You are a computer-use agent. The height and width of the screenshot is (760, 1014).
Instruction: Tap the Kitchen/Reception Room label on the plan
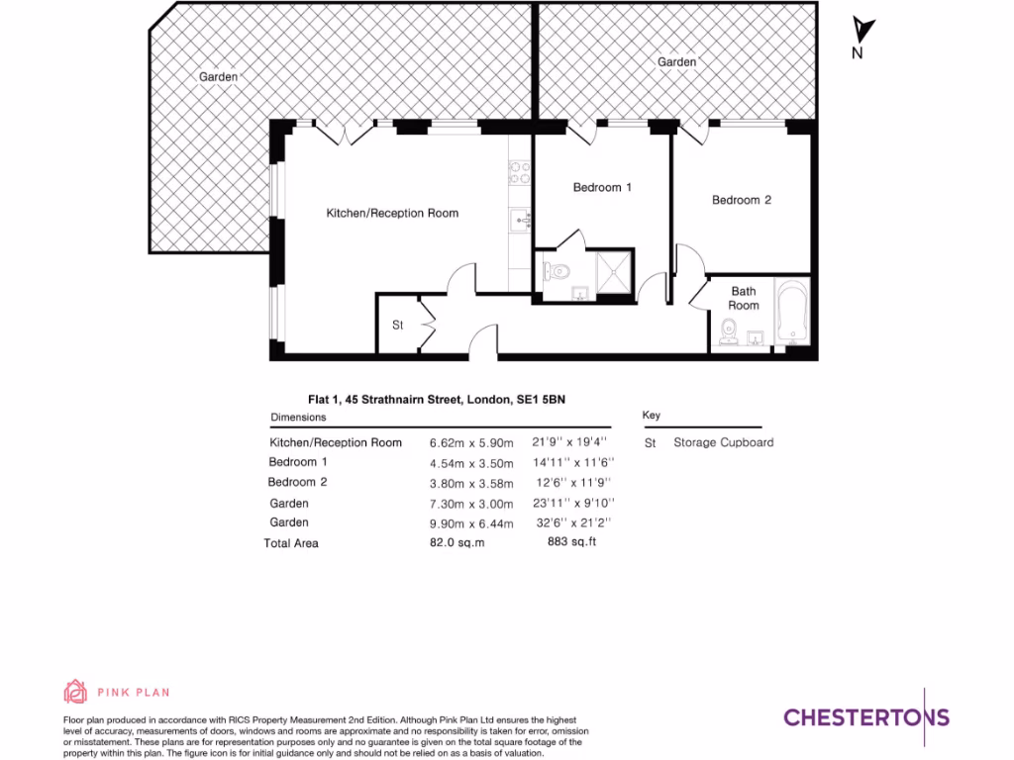point(393,213)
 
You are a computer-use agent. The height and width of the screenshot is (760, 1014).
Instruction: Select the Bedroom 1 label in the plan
point(602,187)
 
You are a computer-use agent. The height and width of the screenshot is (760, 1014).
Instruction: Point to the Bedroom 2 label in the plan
point(742,200)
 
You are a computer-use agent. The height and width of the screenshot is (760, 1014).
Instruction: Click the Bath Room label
point(744,298)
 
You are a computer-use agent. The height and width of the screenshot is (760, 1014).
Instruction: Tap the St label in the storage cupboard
point(398,325)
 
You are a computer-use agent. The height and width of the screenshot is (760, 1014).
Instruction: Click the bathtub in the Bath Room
point(793,315)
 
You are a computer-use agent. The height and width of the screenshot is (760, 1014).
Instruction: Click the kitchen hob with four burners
point(520,173)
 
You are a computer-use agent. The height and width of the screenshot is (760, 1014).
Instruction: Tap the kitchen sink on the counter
point(519,220)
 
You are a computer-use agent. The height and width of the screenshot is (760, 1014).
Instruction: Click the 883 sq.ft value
point(572,541)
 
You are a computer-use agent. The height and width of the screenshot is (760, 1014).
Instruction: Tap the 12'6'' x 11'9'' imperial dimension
point(572,482)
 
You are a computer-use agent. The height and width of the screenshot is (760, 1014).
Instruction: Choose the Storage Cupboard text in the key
point(723,442)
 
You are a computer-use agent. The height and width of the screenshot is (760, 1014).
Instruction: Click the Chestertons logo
point(866,717)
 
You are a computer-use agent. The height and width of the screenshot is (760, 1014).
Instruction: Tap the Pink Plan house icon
point(75,692)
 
